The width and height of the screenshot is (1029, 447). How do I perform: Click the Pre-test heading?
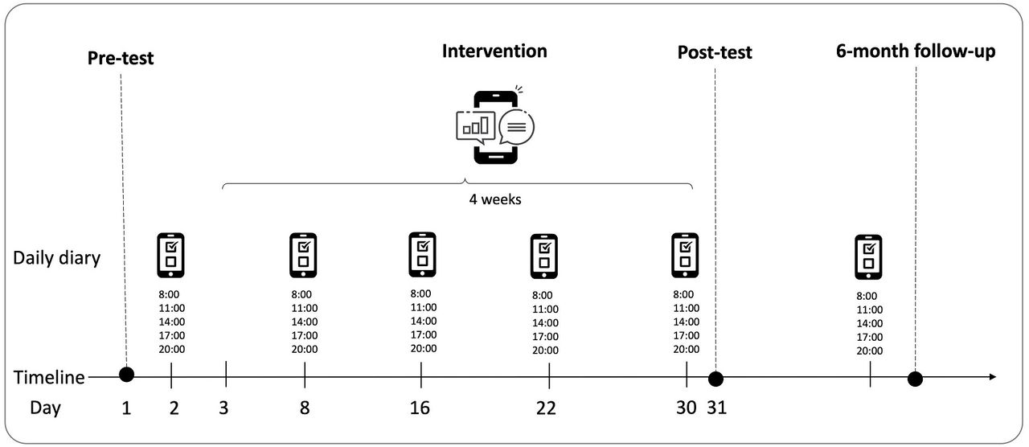121,59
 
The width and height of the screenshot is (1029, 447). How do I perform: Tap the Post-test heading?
715,52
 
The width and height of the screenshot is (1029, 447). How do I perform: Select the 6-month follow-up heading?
916,51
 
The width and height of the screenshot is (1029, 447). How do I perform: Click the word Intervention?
494,51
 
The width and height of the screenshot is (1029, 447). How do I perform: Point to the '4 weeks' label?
495,199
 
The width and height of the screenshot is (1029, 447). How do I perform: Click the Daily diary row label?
56,258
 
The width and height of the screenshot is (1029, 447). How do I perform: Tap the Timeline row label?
49,377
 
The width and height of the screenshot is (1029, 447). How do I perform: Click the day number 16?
420,408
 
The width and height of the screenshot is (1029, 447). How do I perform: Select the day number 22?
546,408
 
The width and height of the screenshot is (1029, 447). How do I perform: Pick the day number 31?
716,408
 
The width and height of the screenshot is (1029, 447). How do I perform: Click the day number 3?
223,408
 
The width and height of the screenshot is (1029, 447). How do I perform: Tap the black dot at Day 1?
126,375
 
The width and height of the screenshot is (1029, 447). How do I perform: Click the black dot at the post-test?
715,379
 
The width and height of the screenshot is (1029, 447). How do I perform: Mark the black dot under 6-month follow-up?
915,379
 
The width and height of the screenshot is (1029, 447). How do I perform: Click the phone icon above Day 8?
303,256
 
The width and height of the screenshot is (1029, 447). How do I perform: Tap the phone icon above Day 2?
171,256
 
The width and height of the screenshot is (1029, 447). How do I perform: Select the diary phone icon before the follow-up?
868,257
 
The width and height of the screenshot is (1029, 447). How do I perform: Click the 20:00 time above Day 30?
687,349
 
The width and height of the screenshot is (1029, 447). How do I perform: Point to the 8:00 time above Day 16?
420,293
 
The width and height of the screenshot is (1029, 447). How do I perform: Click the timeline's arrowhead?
992,377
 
